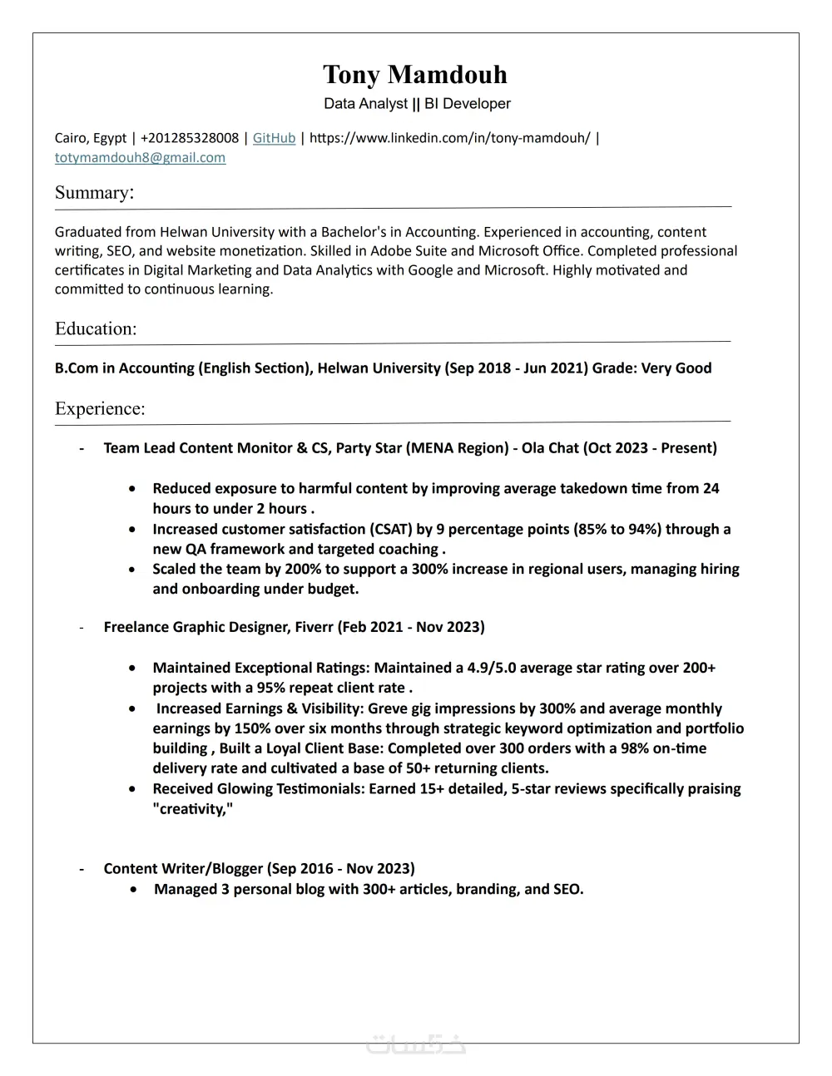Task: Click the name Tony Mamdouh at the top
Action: click(415, 75)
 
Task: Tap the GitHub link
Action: click(274, 138)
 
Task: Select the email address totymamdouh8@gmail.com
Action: click(140, 158)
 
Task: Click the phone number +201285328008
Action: click(190, 138)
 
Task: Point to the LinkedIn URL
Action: click(449, 138)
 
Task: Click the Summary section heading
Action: click(94, 193)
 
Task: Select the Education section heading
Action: click(96, 328)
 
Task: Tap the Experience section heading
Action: click(100, 408)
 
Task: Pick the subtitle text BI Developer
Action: click(468, 104)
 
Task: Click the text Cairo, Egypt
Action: click(91, 138)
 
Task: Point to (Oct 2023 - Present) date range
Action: click(650, 448)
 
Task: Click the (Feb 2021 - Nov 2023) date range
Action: click(411, 627)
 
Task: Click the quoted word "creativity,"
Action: click(193, 808)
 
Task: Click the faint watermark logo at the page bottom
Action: click(416, 1044)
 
